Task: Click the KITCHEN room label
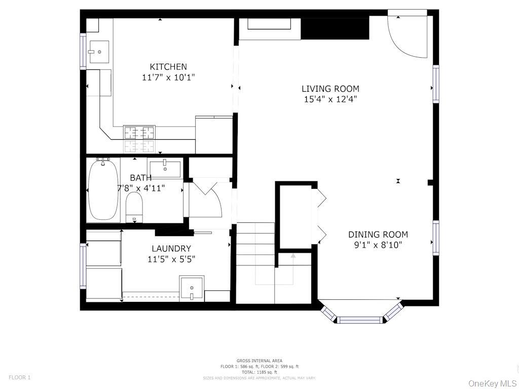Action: coord(168,66)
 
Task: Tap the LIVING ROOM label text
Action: coord(330,89)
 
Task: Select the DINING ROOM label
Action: coord(378,235)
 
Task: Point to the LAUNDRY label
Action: coord(171,248)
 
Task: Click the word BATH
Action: coord(140,178)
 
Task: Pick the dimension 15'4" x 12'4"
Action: coord(330,99)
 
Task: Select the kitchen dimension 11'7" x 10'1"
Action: coord(168,77)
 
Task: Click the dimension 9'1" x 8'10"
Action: coord(378,245)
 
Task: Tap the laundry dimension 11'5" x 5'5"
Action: coord(171,259)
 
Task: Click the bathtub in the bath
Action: coord(103,189)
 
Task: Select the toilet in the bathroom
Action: coord(134,209)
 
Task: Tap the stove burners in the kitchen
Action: coord(139,133)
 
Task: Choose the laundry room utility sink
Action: coord(192,288)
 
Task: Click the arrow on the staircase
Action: coord(293,256)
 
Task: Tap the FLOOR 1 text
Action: coord(19,377)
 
